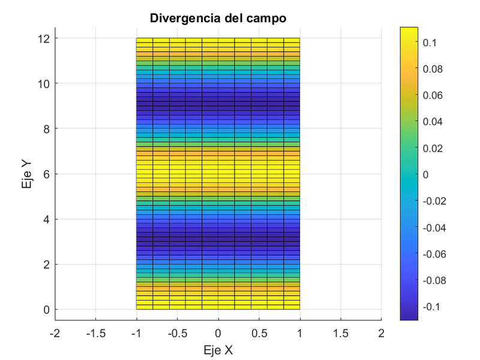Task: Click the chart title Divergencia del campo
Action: pos(218,18)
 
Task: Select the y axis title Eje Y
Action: pos(27,174)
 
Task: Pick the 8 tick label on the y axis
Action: pos(46,128)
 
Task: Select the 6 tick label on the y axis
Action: pos(46,174)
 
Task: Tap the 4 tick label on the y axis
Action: pos(46,219)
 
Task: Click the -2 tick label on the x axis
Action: pos(55,333)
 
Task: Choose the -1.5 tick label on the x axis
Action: pos(95,333)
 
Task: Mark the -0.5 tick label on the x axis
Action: pos(177,333)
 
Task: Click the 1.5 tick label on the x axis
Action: pos(340,333)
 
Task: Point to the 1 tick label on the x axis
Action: pos(299,333)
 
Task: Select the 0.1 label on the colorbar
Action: pos(430,43)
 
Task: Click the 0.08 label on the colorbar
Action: pos(432,69)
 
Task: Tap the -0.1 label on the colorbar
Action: pos(431,307)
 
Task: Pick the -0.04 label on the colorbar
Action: pos(434,227)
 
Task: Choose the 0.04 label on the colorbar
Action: pos(432,122)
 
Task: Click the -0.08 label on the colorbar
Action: pos(434,280)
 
